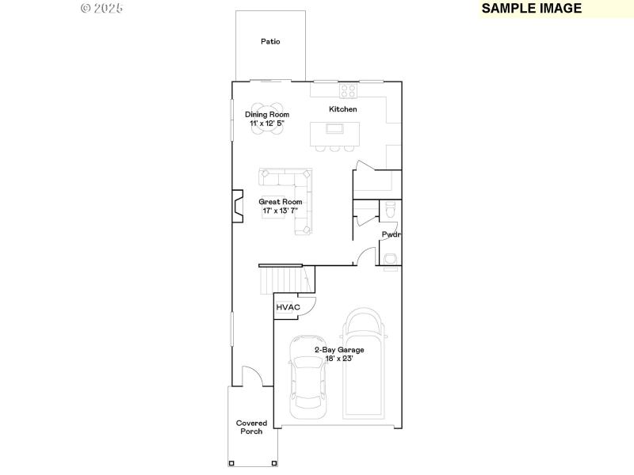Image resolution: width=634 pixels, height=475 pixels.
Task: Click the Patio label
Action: click(x=270, y=41)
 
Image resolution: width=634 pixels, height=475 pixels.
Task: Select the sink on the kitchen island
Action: click(x=335, y=128)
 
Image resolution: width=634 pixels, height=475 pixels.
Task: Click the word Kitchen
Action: click(x=343, y=109)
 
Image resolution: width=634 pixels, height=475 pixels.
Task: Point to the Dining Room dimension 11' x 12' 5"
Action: click(x=266, y=123)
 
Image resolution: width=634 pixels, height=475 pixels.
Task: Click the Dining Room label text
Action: click(x=266, y=115)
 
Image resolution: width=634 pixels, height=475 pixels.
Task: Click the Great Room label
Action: click(x=281, y=202)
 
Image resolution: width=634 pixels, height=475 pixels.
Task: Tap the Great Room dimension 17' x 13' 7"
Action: click(x=281, y=211)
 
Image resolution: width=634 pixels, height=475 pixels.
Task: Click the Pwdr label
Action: click(x=390, y=234)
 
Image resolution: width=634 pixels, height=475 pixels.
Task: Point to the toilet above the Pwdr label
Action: click(x=388, y=210)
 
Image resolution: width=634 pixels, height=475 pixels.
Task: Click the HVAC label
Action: click(x=287, y=307)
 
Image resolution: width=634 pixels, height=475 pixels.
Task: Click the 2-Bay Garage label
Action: click(x=338, y=350)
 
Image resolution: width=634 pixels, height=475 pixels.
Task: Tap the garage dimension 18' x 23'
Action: click(x=338, y=359)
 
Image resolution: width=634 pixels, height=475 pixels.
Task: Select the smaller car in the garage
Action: click(x=307, y=377)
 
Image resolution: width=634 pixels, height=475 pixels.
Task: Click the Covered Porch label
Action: click(x=251, y=427)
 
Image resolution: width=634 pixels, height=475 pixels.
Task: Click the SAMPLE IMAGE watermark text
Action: click(x=532, y=9)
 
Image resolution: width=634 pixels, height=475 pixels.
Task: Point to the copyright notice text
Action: click(x=102, y=8)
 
